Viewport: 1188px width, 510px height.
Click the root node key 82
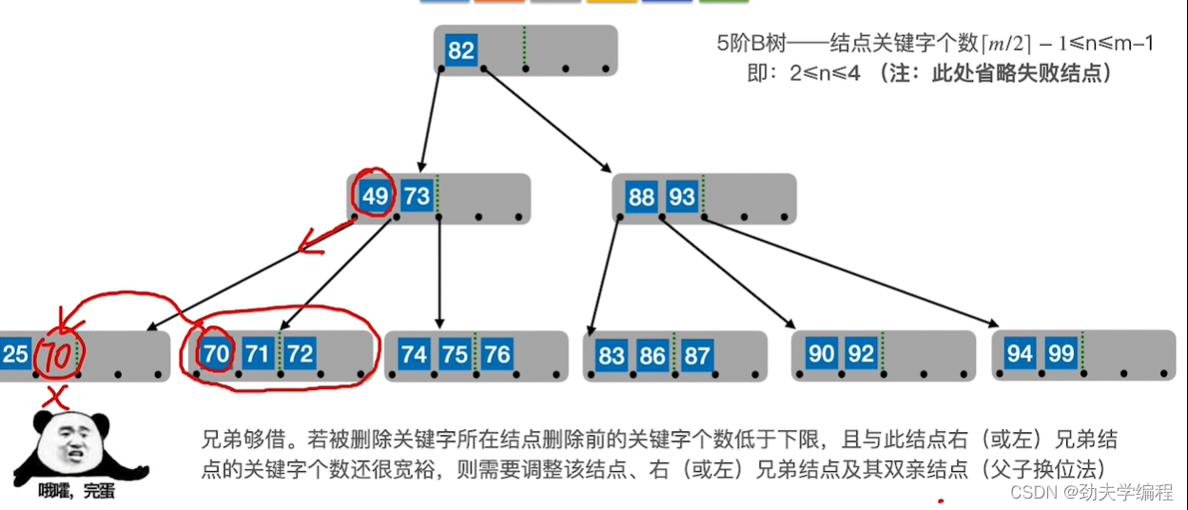click(461, 50)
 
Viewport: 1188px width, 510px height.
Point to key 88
click(642, 198)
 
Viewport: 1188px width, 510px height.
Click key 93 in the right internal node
click(682, 198)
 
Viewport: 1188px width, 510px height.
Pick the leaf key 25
click(14, 355)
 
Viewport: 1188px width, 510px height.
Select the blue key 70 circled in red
click(217, 355)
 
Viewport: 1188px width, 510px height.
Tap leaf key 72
click(300, 355)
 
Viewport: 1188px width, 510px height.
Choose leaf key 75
click(455, 355)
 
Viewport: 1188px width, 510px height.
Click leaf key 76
click(497, 355)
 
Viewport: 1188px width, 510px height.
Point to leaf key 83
click(612, 356)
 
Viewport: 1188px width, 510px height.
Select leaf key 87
click(697, 356)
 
